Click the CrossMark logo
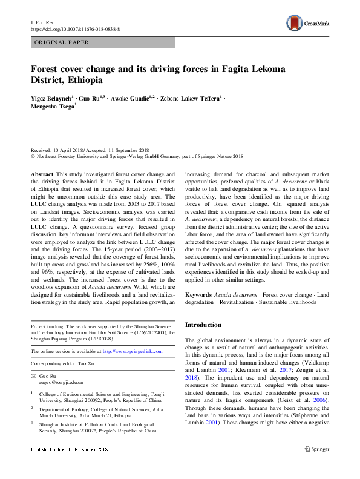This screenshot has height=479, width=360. point(309,24)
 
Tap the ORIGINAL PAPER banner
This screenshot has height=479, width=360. point(62,42)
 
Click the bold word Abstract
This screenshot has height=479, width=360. point(42,174)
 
